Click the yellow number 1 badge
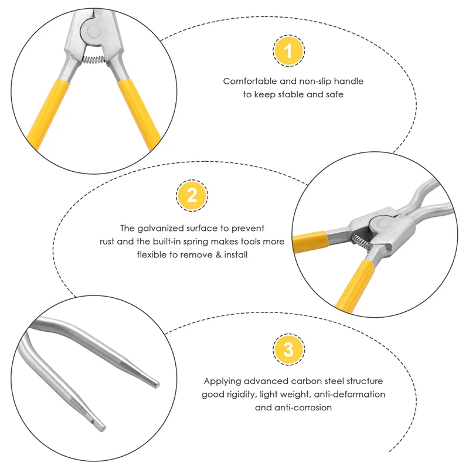tap(288, 51)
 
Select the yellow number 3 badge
tap(288, 351)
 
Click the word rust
tap(109, 242)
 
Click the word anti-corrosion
tap(301, 407)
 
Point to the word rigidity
tap(243, 394)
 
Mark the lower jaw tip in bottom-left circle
tap(100, 422)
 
